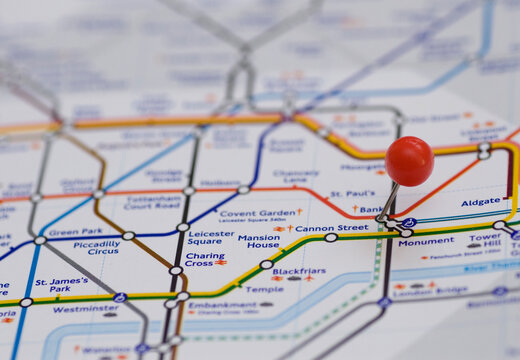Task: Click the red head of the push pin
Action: pyautogui.click(x=409, y=160)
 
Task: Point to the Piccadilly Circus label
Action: pyautogui.click(x=96, y=247)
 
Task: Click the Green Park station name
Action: pyautogui.click(x=76, y=232)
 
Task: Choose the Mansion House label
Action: pyautogui.click(x=258, y=241)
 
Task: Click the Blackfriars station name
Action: pyautogui.click(x=298, y=271)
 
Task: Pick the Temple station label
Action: pyautogui.click(x=265, y=289)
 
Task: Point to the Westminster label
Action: pyautogui.click(x=85, y=309)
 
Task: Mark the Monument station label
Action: pyautogui.click(x=426, y=241)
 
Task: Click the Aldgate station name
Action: pyautogui.click(x=480, y=202)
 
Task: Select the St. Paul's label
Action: pyautogui.click(x=352, y=193)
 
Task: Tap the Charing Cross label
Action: pyautogui.click(x=204, y=258)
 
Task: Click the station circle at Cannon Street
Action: pyautogui.click(x=331, y=238)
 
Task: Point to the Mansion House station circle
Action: pyautogui.click(x=266, y=265)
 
